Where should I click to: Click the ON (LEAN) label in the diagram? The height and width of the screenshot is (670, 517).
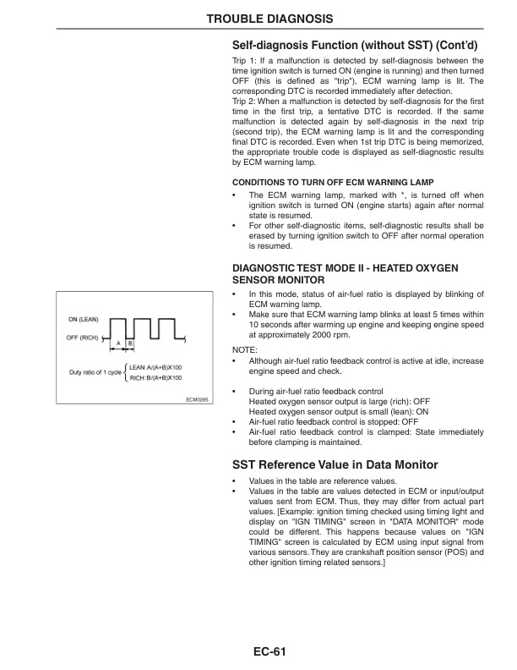coord(83,319)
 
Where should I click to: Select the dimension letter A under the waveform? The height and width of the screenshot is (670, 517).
coord(120,343)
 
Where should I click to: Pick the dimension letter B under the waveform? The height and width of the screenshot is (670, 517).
coord(130,343)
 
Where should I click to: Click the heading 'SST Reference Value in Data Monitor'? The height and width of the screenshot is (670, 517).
coord(335,464)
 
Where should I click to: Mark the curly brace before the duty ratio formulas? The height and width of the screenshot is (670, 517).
coord(125,371)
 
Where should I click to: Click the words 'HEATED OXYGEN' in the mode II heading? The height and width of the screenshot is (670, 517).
coord(413,267)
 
